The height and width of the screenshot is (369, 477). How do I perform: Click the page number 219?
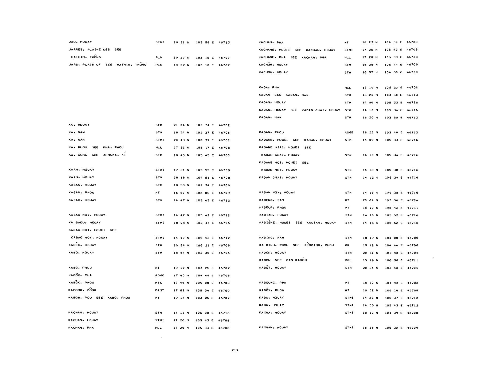point(235,350)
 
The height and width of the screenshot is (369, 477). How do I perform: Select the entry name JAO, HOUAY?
point(80,42)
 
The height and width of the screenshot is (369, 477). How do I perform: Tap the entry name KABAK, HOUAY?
point(82,185)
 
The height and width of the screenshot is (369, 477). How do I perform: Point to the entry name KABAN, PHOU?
point(81,193)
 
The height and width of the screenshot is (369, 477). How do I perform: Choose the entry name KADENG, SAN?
point(271,200)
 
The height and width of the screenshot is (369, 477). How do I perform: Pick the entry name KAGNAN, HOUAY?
point(273,328)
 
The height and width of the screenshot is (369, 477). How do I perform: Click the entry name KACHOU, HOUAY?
point(273,72)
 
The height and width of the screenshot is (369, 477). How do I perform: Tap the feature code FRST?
point(159,290)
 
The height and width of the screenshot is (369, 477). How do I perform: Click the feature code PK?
point(347,245)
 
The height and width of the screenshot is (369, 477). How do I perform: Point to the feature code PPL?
point(348,260)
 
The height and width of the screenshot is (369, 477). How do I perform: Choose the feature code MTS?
point(158,283)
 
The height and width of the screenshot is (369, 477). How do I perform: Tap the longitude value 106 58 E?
point(393,260)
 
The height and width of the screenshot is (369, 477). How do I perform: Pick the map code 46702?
point(224,125)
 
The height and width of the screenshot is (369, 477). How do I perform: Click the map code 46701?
point(224,140)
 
